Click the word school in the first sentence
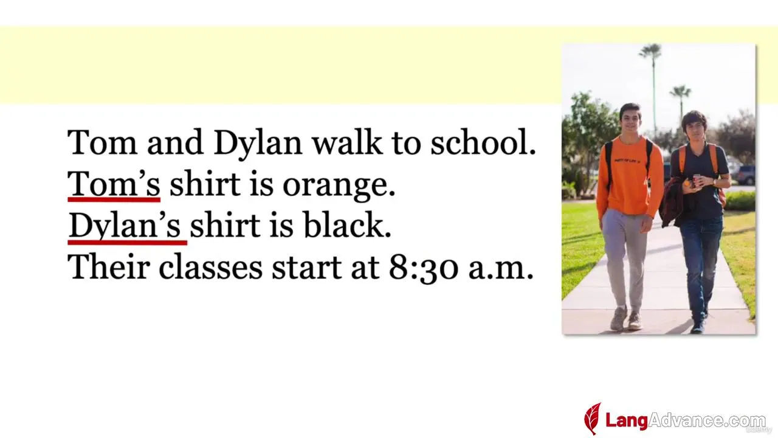(x=483, y=142)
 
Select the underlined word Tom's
(x=114, y=184)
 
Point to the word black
(x=347, y=225)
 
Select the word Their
(x=109, y=266)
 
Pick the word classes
(x=210, y=266)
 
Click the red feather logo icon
(x=593, y=419)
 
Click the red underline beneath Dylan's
(x=128, y=242)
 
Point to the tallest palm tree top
(x=650, y=52)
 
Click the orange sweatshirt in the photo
(x=629, y=176)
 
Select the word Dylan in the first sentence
(x=258, y=142)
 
